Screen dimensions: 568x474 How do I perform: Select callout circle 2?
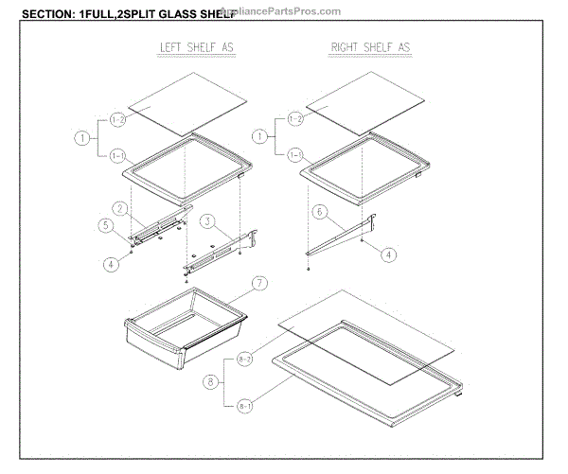pyautogui.click(x=120, y=208)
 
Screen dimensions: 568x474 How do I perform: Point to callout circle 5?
pyautogui.click(x=106, y=225)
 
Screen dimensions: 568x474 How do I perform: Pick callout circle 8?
pyautogui.click(x=209, y=382)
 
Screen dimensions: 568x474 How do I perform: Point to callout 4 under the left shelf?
pyautogui.click(x=111, y=264)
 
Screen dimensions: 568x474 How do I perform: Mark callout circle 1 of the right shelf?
pyautogui.click(x=257, y=137)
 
